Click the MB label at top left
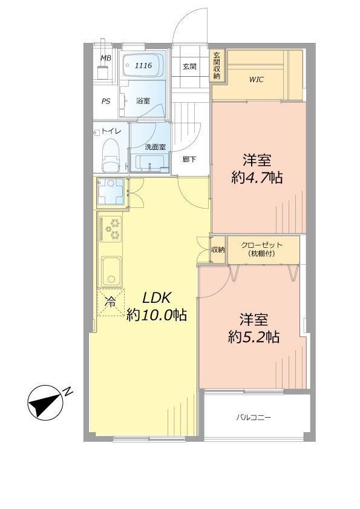pos(106,58)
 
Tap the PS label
pos(106,102)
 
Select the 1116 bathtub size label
pos(143,65)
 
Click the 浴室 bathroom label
pos(143,101)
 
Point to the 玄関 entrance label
pos(189,66)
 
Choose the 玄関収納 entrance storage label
pos(216,65)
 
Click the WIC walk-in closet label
pos(257,79)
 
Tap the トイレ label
pos(111,131)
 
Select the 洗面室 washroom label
pos(155,147)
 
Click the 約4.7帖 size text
pos(257,178)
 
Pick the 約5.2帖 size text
pos(254,337)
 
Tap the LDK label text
pos(157,297)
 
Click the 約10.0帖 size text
pos(156,315)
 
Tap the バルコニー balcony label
pos(254,417)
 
